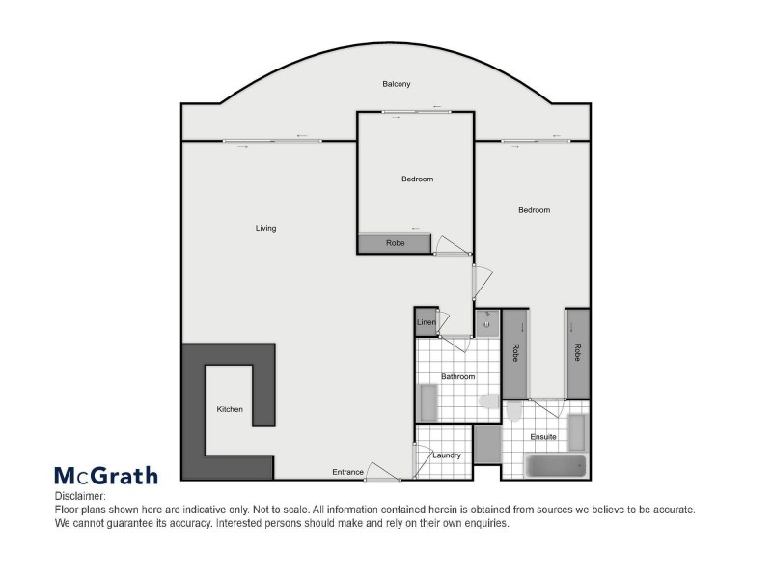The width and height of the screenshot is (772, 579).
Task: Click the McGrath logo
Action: (105, 475)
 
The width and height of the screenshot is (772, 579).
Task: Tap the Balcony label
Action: (397, 85)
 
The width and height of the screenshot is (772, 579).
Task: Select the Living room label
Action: (265, 229)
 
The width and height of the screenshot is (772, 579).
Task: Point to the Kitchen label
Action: (230, 410)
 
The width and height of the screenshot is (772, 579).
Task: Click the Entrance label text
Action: (347, 472)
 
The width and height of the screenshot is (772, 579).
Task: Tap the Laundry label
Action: (447, 455)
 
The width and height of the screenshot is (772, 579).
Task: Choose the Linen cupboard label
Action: (426, 322)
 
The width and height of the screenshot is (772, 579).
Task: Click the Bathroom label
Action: (458, 376)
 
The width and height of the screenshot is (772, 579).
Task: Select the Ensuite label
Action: (543, 437)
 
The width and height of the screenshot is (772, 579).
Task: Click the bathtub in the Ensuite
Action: (556, 466)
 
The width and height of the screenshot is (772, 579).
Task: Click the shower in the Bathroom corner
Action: (428, 401)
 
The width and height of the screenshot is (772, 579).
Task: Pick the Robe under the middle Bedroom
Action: (395, 243)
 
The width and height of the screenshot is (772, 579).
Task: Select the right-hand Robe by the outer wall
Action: (577, 352)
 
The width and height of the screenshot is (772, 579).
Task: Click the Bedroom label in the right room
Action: (534, 210)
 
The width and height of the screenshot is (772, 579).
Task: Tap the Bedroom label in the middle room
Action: (417, 179)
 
